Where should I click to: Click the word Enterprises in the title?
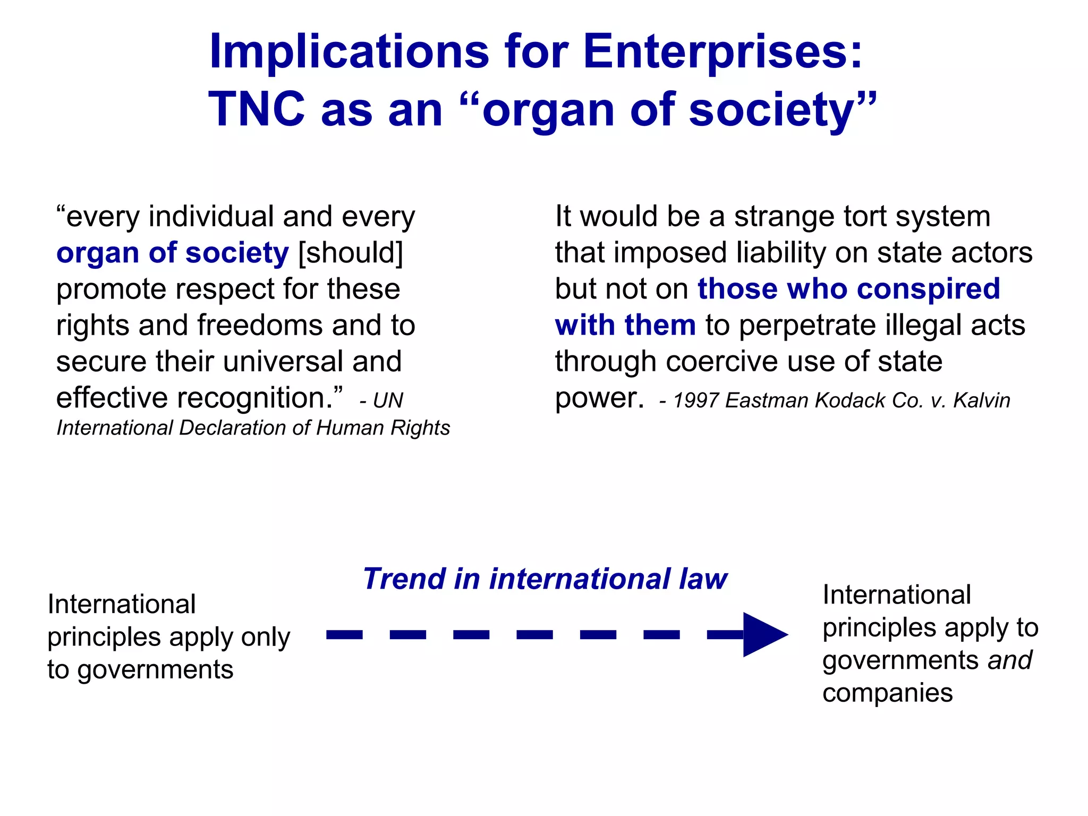pos(722,52)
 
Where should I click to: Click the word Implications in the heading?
pos(349,52)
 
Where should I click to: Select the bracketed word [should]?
pos(351,252)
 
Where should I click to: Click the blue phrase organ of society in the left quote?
pos(173,252)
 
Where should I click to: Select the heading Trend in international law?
pos(545,579)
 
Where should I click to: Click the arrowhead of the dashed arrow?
pos(762,634)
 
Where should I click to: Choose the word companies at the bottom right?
pos(887,693)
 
